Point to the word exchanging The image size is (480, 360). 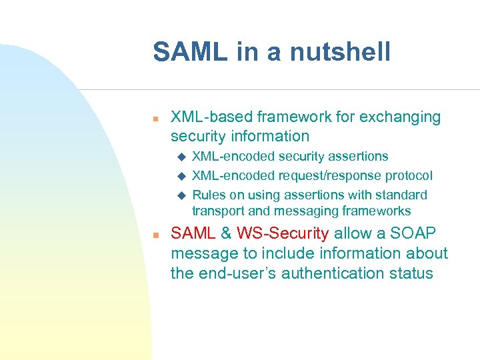click(400, 117)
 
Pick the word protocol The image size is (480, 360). click(408, 176)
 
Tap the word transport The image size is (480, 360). click(219, 211)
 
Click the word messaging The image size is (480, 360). click(304, 211)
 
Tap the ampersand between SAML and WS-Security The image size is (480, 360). click(227, 234)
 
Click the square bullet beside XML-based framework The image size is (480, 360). click(155, 119)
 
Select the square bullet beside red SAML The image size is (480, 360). click(155, 235)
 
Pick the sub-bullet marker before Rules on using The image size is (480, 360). click(180, 196)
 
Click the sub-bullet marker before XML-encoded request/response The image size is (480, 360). click(180, 177)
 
